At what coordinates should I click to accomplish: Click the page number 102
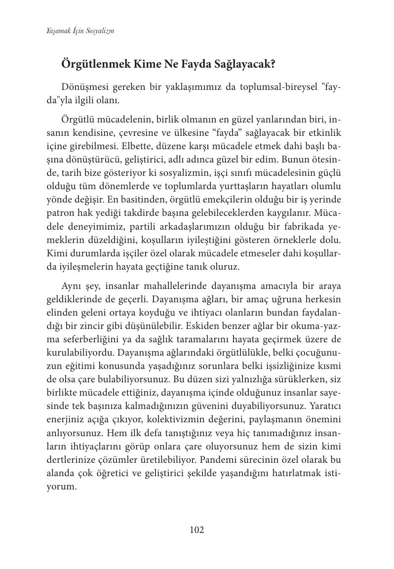[197, 530]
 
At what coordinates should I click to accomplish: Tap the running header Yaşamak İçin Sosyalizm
[74, 31]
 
